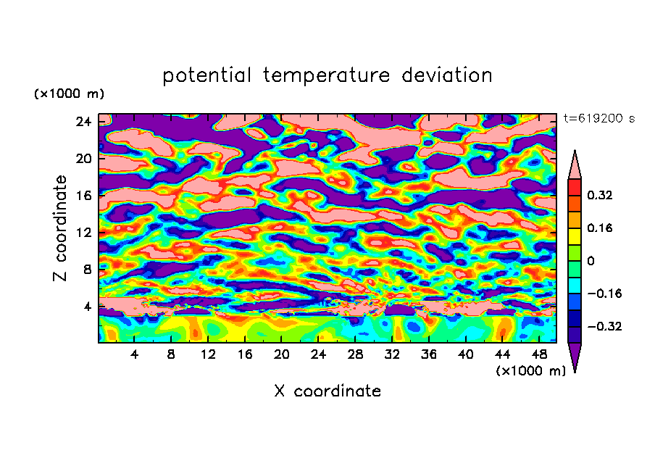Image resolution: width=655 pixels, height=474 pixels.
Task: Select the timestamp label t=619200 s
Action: click(598, 118)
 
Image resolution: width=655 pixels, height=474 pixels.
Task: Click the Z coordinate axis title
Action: click(61, 228)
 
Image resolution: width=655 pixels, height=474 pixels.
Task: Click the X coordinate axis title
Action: click(327, 391)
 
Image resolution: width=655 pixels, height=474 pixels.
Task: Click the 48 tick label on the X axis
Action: click(538, 354)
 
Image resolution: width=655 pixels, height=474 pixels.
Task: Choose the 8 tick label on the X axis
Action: click(171, 354)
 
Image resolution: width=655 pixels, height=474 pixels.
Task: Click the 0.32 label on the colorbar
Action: click(601, 195)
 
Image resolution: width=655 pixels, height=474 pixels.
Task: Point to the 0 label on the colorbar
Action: click(591, 261)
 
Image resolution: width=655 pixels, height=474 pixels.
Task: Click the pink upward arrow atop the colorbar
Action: click(575, 165)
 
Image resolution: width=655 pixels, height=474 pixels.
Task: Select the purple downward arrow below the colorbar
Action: click(575, 357)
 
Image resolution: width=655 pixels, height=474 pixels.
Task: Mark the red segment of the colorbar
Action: click(575, 187)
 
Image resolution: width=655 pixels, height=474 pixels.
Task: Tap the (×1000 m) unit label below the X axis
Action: click(531, 371)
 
